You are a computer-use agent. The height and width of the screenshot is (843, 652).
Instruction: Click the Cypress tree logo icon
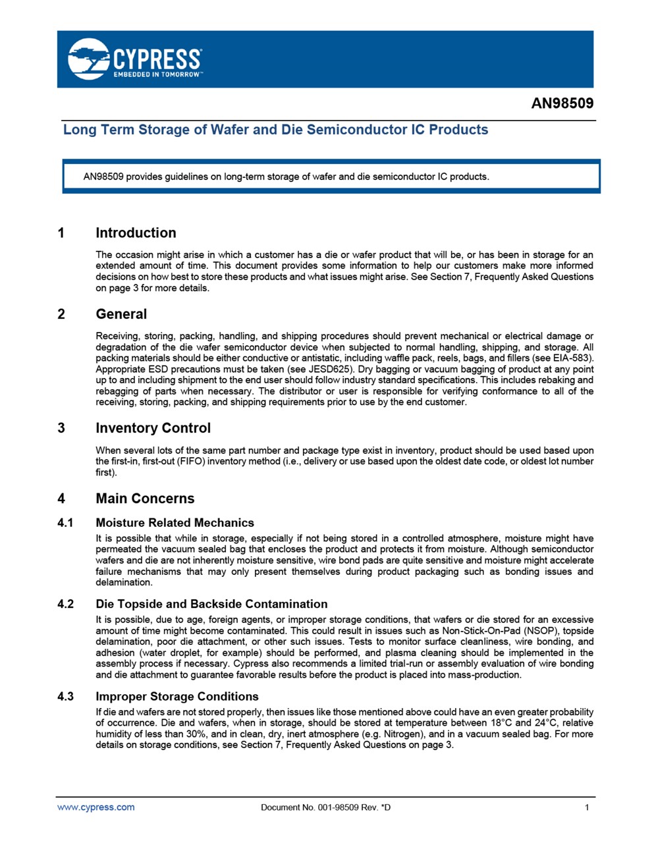pyautogui.click(x=89, y=59)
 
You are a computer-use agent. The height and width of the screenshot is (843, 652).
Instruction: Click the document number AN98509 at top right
pyautogui.click(x=562, y=103)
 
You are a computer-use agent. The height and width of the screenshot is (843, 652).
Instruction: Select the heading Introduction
pyautogui.click(x=136, y=232)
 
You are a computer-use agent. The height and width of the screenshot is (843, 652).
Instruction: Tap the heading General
pyautogui.click(x=121, y=314)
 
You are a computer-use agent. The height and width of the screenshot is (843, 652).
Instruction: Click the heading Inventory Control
pyautogui.click(x=153, y=428)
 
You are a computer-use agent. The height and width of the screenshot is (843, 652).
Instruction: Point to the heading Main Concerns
pyautogui.click(x=145, y=499)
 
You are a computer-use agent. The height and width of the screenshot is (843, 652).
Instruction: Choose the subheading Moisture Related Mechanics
pyautogui.click(x=175, y=523)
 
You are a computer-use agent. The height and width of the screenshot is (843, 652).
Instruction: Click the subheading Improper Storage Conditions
pyautogui.click(x=177, y=697)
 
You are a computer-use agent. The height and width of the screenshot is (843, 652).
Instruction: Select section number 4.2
pyautogui.click(x=66, y=605)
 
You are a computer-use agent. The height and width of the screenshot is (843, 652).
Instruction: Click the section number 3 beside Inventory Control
pyautogui.click(x=61, y=428)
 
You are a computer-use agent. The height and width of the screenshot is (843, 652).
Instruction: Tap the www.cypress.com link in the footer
pyautogui.click(x=95, y=807)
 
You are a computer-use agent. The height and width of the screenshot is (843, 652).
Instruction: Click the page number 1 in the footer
pyautogui.click(x=587, y=807)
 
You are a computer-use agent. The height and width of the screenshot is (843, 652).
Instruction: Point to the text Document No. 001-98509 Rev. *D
pyautogui.click(x=325, y=807)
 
